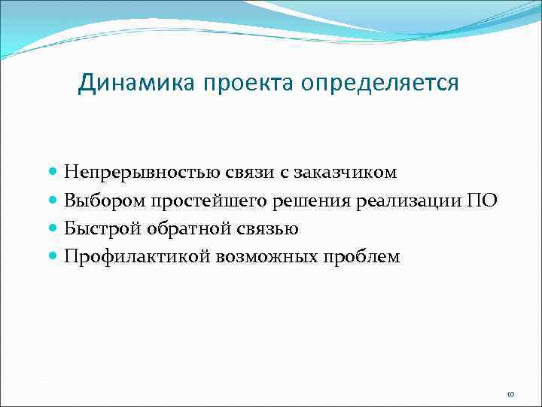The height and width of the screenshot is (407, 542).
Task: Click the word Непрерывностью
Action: tap(142, 173)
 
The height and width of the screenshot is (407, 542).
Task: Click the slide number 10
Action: tap(510, 394)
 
